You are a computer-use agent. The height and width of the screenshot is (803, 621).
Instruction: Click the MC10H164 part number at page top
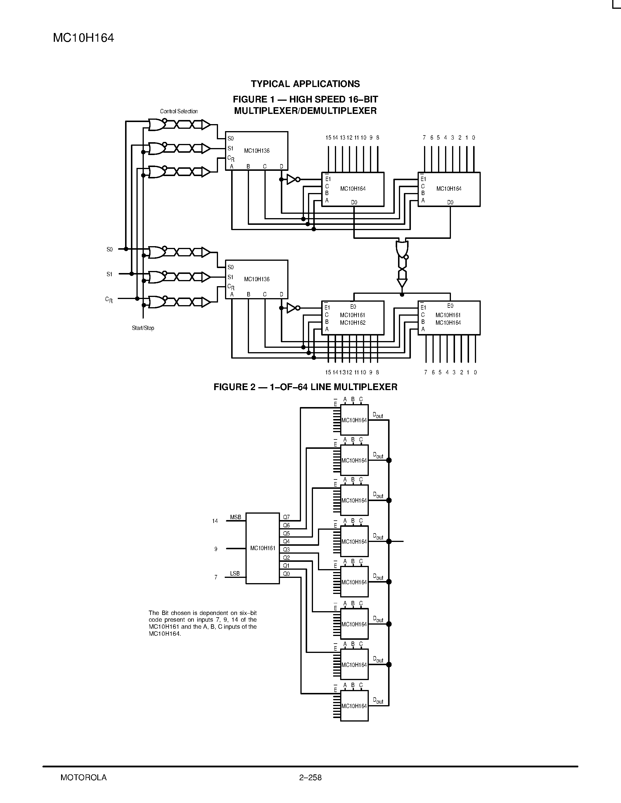coord(84,38)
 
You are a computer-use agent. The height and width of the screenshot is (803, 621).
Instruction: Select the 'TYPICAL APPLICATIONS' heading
coord(305,84)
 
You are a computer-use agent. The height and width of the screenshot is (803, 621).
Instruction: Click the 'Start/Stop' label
coord(143,328)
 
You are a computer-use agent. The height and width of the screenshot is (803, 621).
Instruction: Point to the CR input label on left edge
coord(109,300)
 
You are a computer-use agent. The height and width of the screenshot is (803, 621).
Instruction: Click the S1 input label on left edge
coord(109,274)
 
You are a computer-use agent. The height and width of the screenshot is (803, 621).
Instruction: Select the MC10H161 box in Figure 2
coord(263,548)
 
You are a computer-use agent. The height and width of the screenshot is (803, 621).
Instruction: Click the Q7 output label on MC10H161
coord(286,517)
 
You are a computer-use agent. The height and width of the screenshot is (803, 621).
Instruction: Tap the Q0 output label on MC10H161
coord(286,573)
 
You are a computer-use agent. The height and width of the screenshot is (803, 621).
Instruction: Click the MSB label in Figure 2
coord(236,517)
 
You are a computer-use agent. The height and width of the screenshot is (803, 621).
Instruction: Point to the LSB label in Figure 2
coord(235,573)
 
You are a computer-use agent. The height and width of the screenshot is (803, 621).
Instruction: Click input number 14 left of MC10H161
coord(215,521)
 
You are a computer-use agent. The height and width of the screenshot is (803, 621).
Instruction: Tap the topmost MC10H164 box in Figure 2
coord(354,420)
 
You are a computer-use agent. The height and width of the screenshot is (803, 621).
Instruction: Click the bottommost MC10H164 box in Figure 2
coord(354,706)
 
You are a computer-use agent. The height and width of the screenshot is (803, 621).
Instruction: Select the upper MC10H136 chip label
coord(257,151)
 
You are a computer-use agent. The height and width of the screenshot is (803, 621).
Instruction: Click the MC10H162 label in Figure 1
coord(352,323)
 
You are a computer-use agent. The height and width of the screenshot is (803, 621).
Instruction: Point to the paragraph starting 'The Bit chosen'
coord(202,623)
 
